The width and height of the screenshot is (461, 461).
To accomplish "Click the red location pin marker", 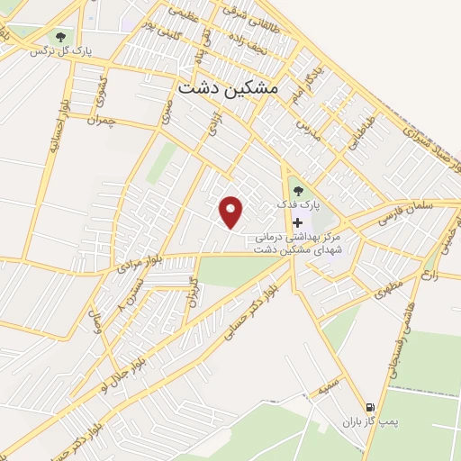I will [232, 211].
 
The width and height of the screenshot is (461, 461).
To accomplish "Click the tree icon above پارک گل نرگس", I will [59, 37].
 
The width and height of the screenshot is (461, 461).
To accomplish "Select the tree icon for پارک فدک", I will [298, 191].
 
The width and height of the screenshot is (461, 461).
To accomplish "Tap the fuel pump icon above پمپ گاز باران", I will [368, 406].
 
